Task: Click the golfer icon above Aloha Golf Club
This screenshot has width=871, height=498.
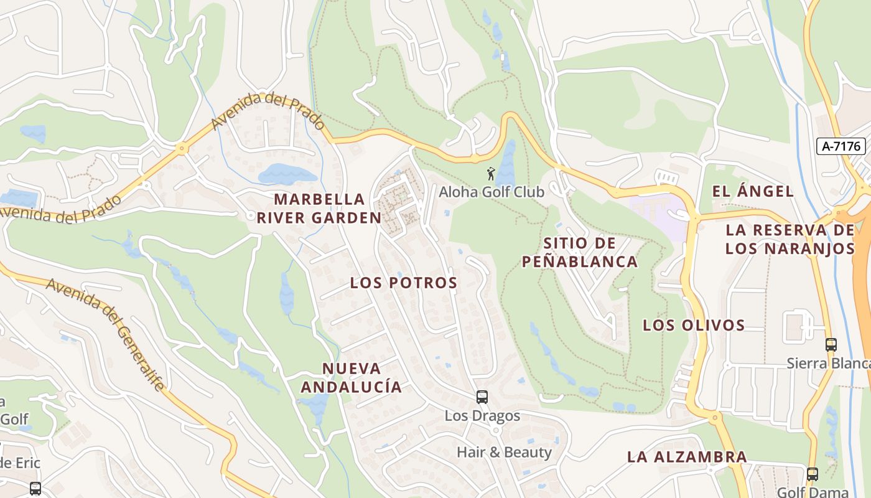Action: click(491, 174)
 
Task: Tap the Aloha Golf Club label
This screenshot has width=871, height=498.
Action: click(491, 192)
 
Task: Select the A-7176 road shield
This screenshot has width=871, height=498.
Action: click(841, 146)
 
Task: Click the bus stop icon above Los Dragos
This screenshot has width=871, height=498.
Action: click(482, 397)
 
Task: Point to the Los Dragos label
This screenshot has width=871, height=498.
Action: click(482, 415)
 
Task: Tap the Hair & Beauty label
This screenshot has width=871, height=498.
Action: click(504, 452)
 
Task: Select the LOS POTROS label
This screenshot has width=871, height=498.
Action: click(404, 283)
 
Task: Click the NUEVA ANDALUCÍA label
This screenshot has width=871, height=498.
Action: click(352, 377)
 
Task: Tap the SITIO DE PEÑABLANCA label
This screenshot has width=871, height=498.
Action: click(580, 252)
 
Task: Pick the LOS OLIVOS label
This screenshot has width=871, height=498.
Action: click(694, 325)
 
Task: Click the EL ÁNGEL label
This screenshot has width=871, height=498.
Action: click(753, 191)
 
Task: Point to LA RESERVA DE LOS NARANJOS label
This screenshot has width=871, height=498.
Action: click(790, 239)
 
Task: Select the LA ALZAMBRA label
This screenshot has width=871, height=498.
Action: click(687, 456)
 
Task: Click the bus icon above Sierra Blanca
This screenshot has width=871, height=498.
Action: click(831, 344)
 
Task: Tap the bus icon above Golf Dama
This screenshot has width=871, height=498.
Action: click(812, 474)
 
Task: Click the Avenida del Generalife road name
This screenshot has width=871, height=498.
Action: click(106, 334)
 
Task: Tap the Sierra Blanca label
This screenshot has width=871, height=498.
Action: click(827, 363)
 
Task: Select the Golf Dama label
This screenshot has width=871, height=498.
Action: click(813, 492)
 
